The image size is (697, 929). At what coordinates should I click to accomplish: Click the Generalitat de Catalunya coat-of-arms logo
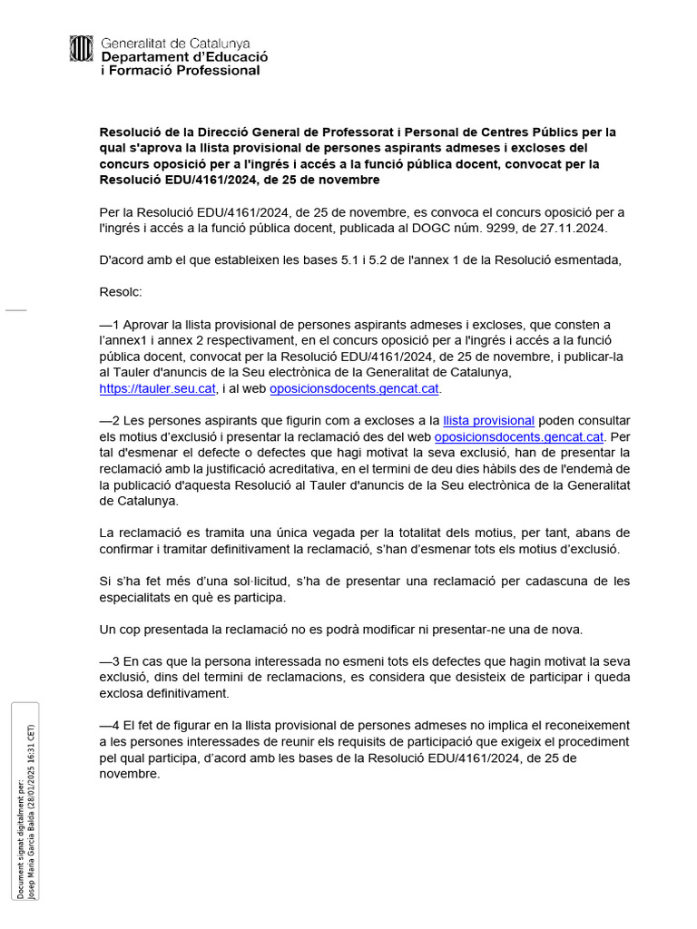tap(82, 49)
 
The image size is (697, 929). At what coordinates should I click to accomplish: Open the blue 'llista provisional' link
tap(488, 420)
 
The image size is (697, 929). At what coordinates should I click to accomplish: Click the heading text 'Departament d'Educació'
tap(184, 56)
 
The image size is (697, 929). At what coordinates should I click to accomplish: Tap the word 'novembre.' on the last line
tap(130, 774)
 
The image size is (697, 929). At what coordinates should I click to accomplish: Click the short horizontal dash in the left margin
tap(16, 310)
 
